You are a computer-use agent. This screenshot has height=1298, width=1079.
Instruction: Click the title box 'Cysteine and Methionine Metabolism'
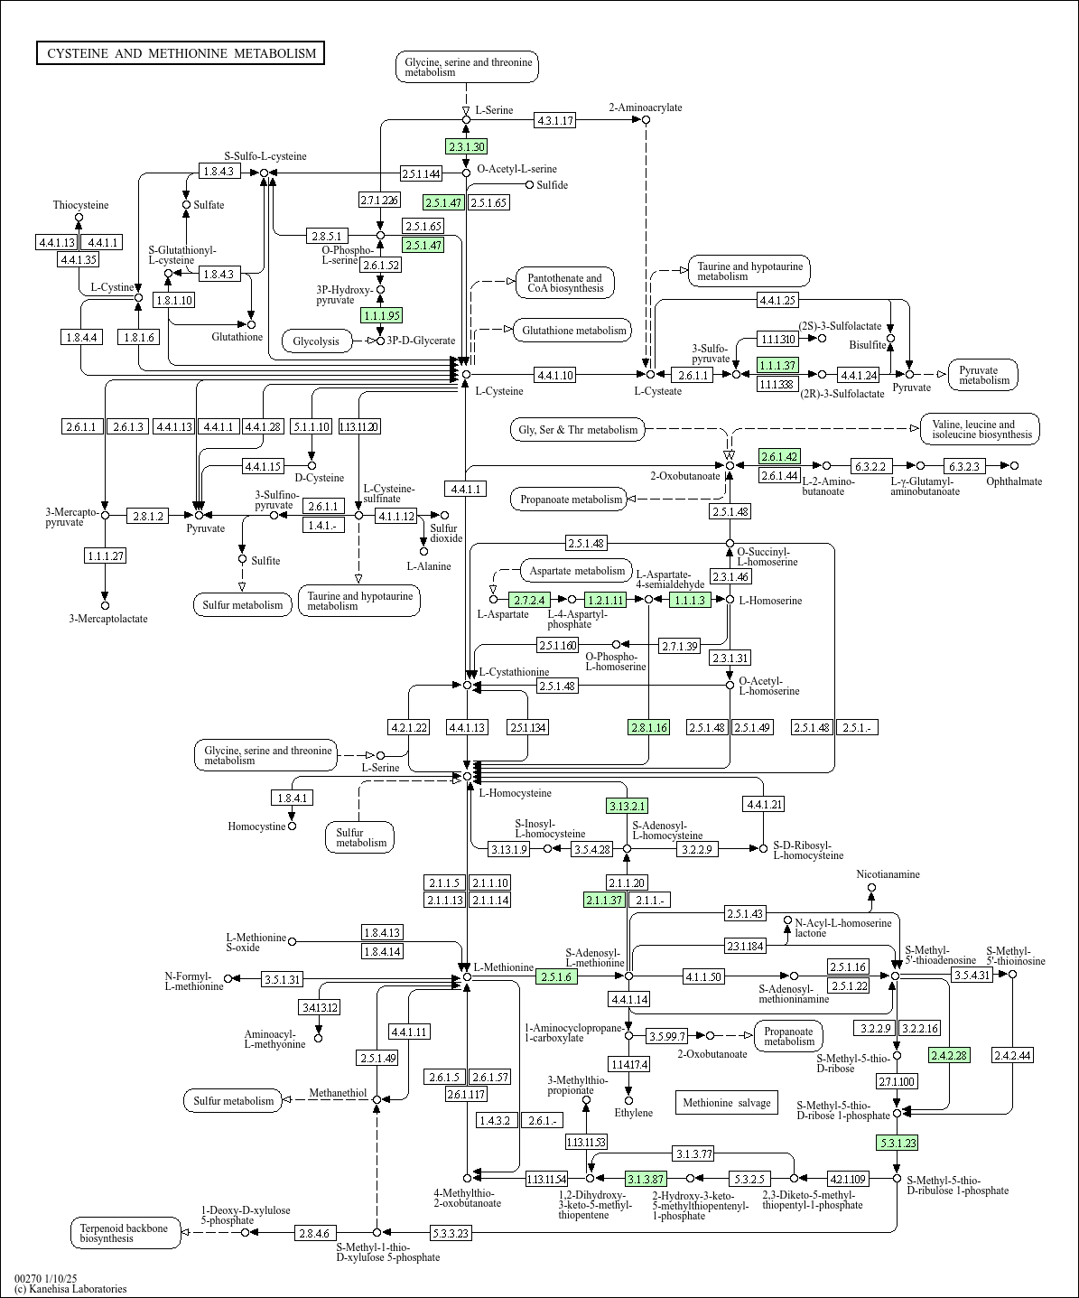(181, 53)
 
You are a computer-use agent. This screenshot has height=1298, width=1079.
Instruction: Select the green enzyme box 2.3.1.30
(466, 146)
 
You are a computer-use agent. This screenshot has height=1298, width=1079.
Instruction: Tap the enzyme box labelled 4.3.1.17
(554, 120)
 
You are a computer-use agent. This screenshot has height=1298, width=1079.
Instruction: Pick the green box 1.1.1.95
(381, 315)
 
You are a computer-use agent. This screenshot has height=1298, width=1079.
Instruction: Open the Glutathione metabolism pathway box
(573, 331)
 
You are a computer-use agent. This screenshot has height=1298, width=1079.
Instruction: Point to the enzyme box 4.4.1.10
(554, 374)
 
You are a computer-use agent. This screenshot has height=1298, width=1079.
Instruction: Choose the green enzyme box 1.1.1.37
(777, 365)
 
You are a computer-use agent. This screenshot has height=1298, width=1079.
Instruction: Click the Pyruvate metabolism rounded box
(983, 375)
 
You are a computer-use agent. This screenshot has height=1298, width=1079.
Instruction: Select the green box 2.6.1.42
(779, 456)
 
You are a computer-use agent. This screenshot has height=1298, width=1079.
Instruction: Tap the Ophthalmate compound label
(1013, 481)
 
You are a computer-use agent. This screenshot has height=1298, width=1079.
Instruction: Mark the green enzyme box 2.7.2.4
(529, 600)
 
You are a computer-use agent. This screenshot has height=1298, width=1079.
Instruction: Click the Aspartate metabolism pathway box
(577, 571)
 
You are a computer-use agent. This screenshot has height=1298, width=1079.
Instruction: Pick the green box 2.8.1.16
(649, 727)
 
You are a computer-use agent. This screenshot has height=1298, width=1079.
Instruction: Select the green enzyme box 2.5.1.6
(557, 976)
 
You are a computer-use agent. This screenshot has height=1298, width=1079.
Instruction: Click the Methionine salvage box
(726, 1102)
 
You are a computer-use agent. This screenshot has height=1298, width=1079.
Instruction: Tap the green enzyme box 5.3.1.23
(897, 1143)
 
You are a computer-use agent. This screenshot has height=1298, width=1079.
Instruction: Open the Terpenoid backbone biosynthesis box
(126, 1233)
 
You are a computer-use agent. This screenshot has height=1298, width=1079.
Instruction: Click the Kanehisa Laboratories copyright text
(70, 1289)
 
